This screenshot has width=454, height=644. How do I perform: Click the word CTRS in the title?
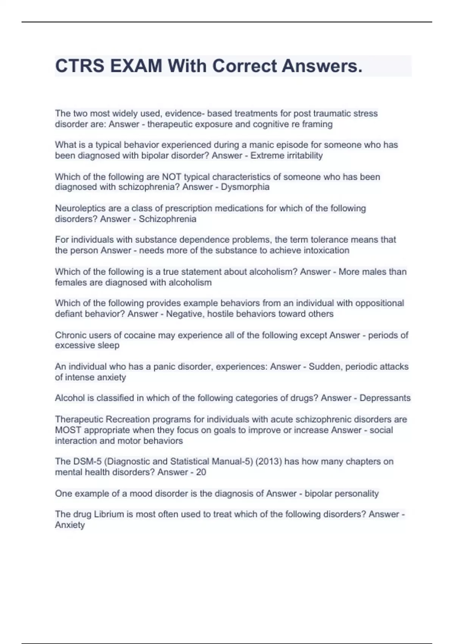tap(79, 66)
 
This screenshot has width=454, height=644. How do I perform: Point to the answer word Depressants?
tap(385, 398)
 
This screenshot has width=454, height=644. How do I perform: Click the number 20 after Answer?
tap(201, 472)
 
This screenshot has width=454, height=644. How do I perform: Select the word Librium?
tap(109, 514)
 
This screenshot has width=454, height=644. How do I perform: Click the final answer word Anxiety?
tap(70, 525)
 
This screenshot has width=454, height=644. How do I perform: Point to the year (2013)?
tap(268, 461)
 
